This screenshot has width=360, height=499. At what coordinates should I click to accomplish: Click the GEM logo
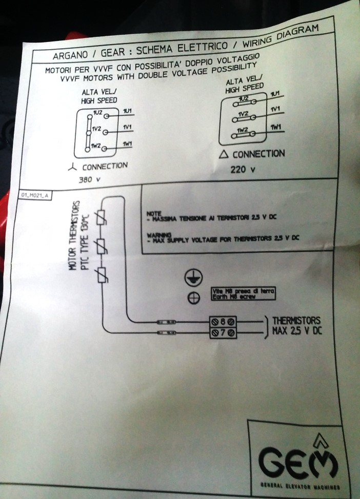pyautogui.click(x=298, y=459)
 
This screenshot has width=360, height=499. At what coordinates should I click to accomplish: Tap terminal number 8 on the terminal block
pyautogui.click(x=223, y=322)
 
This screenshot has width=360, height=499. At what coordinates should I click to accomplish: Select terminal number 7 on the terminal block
pyautogui.click(x=223, y=333)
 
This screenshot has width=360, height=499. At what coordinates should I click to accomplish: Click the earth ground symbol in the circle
pyautogui.click(x=193, y=278)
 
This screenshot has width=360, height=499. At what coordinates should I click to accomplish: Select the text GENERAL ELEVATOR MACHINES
pyautogui.click(x=298, y=484)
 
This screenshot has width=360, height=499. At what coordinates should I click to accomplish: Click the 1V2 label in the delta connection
pyautogui.click(x=244, y=114)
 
